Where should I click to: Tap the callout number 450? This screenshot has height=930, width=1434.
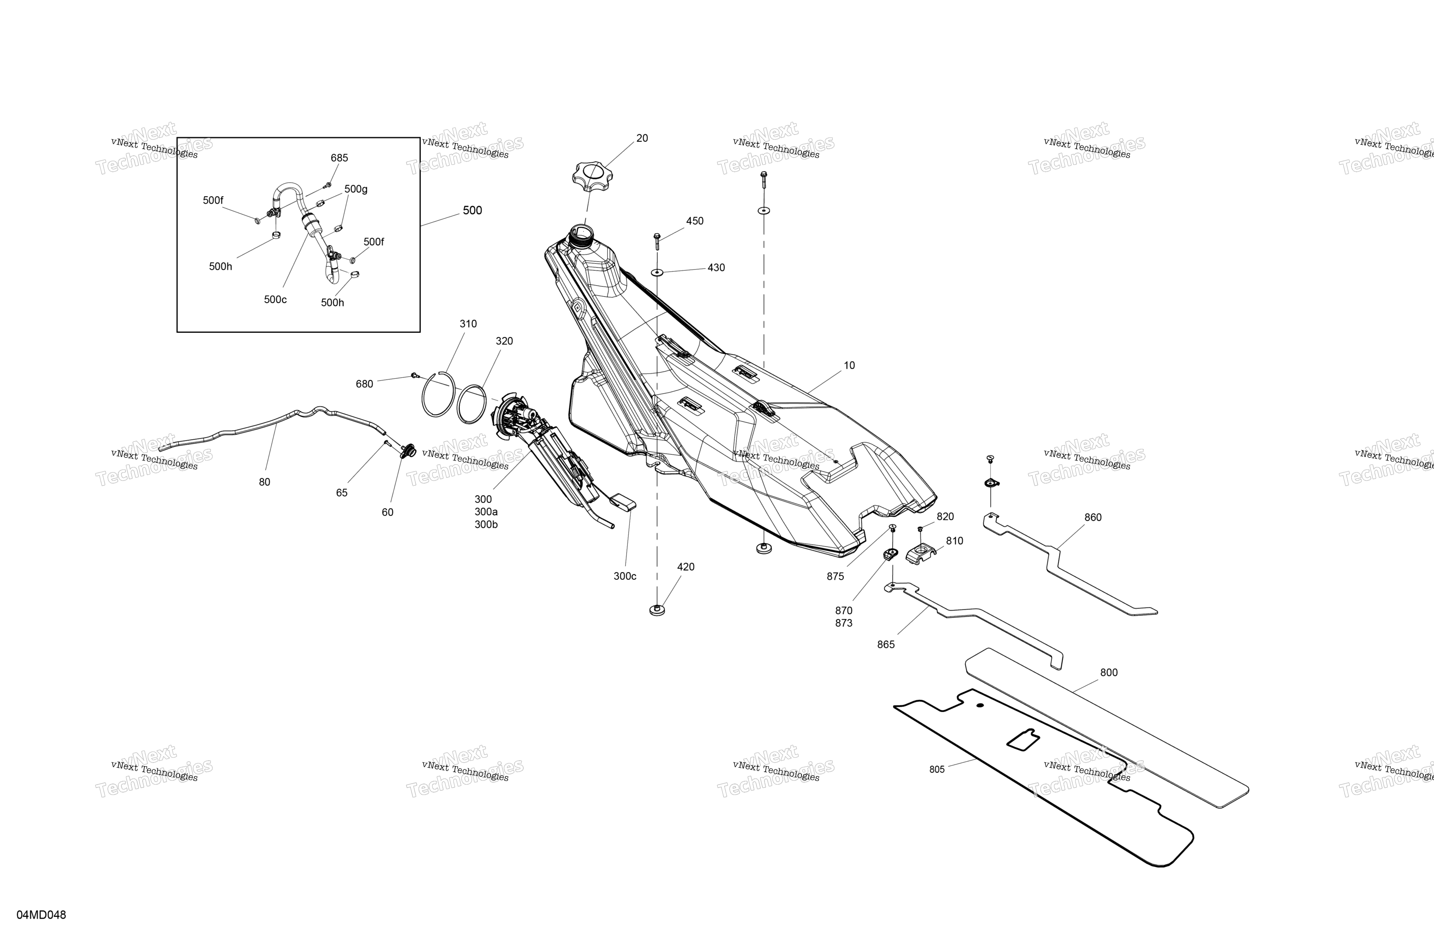click(x=695, y=221)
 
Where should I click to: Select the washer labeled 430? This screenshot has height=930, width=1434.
click(x=657, y=272)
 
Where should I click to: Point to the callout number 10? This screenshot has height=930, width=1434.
click(x=849, y=365)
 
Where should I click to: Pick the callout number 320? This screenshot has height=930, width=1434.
click(x=504, y=341)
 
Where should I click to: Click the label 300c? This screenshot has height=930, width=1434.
click(x=625, y=576)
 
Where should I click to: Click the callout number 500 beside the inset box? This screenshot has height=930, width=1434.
click(x=472, y=210)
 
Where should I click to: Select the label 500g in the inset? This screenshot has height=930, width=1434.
click(x=356, y=189)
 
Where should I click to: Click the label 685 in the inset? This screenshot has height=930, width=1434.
click(x=339, y=158)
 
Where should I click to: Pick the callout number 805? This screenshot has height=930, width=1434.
click(x=937, y=770)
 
